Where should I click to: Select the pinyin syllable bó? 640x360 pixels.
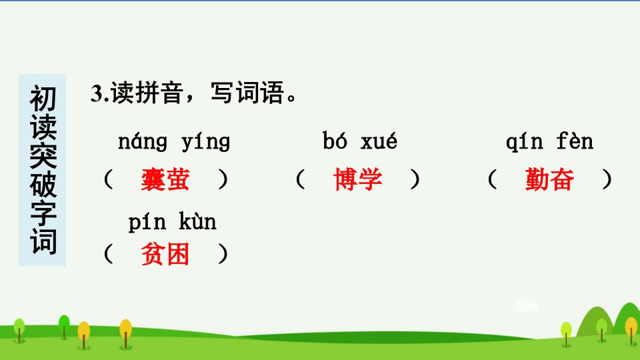click(335, 141)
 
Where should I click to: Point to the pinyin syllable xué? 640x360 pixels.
click(379, 141)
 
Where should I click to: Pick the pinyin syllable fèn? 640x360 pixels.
click(575, 141)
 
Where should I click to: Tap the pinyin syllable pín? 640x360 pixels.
click(147, 223)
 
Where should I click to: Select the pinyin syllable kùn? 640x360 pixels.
click(197, 221)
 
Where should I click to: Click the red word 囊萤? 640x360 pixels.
click(165, 179)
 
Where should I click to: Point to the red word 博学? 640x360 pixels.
click(358, 179)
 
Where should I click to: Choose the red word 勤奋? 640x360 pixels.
click(550, 179)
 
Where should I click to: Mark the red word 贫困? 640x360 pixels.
click(165, 254)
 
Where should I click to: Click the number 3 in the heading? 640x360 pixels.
click(96, 94)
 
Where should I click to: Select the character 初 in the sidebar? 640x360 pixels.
click(43, 99)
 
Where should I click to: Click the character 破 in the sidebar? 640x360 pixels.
click(43, 185)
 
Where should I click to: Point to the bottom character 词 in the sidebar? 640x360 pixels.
click(43, 241)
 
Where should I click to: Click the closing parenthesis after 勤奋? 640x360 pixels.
click(607, 179)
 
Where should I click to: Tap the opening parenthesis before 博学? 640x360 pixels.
click(301, 179)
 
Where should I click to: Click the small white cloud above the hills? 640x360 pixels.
click(526, 305)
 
